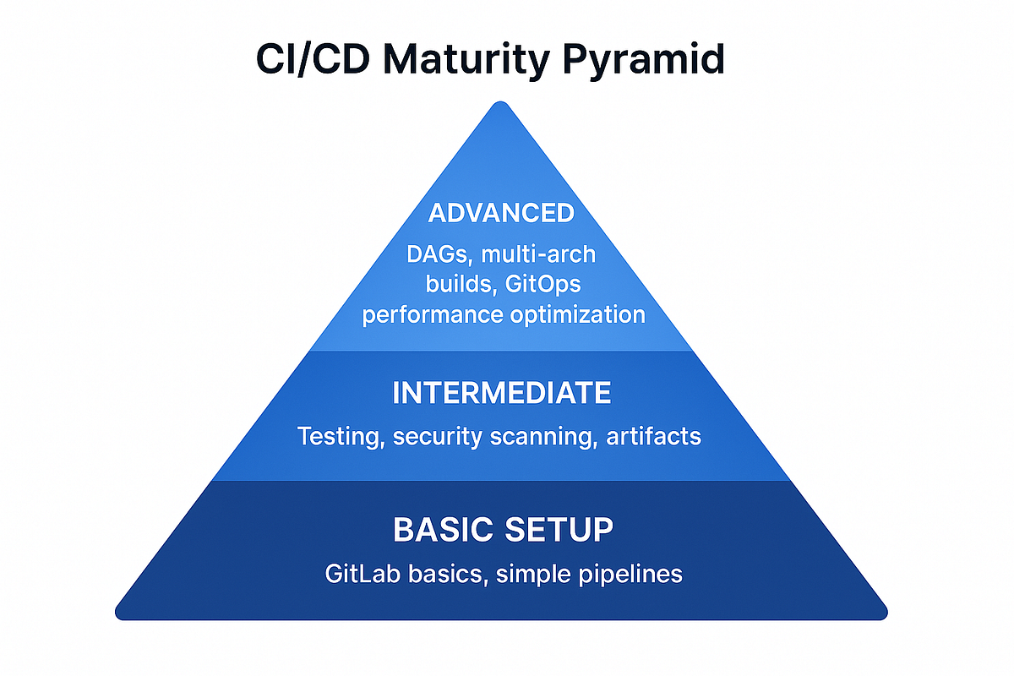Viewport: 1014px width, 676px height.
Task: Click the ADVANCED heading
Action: (501, 212)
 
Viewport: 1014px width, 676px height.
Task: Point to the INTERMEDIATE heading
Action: (502, 393)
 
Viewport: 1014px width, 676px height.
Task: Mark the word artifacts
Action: (653, 437)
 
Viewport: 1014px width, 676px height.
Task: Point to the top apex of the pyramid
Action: (502, 103)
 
